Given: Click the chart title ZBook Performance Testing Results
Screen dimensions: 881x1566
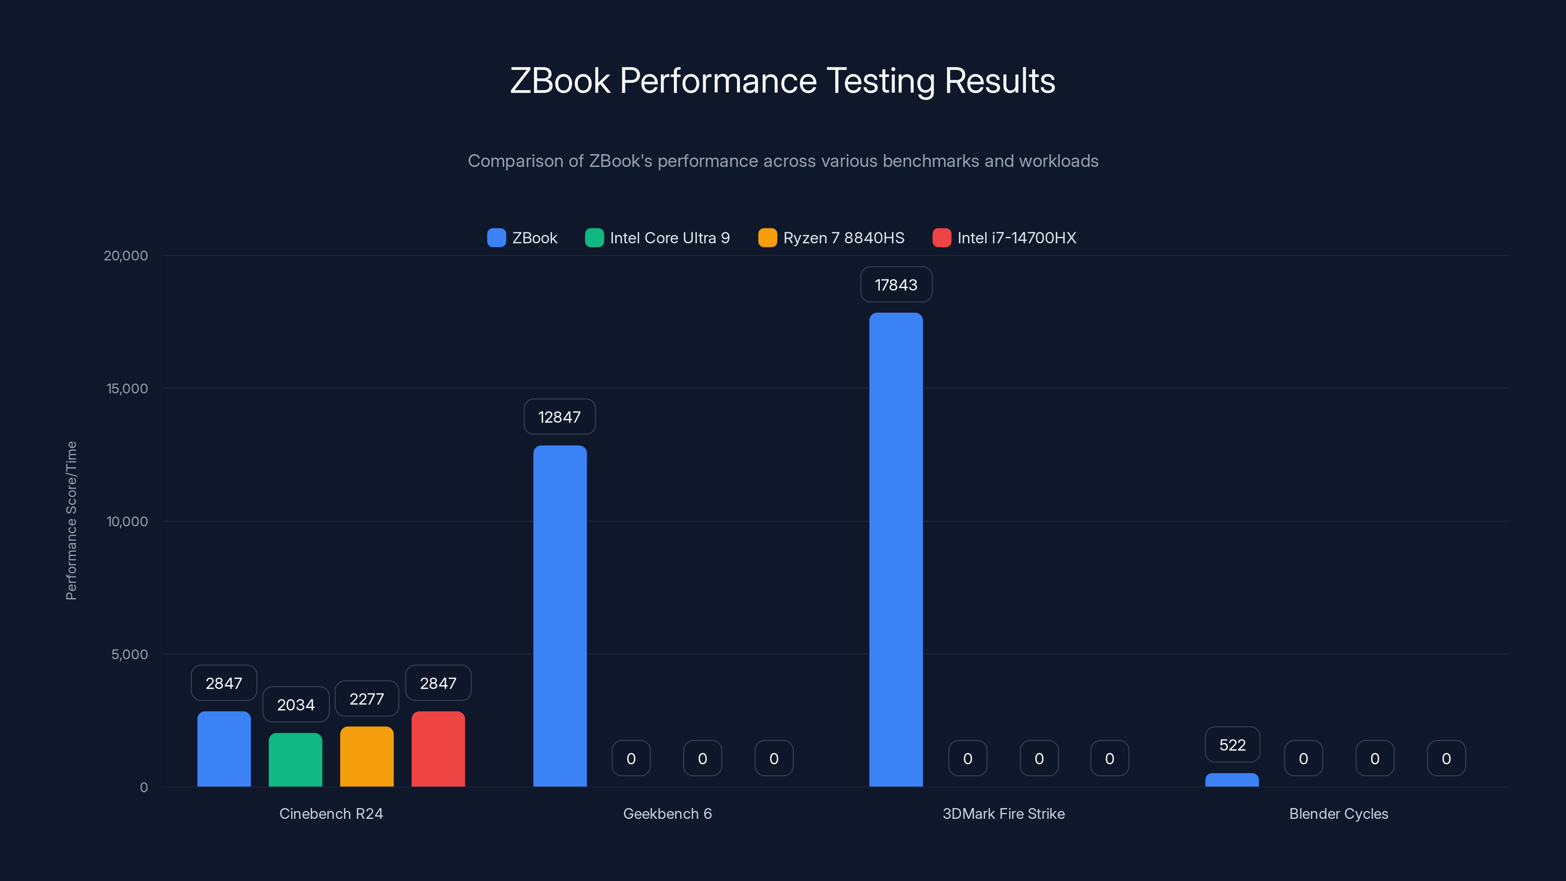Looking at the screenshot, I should (783, 81).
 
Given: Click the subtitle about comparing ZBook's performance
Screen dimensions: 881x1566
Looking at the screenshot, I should (783, 161).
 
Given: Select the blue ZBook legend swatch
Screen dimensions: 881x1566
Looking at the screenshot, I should (496, 238).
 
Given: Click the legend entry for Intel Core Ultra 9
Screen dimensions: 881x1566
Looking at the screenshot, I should (657, 238).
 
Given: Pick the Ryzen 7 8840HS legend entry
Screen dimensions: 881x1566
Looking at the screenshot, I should (831, 238).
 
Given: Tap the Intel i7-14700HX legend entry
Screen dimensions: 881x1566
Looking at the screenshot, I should (1004, 238).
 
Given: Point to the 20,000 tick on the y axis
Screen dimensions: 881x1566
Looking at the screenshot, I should (126, 256).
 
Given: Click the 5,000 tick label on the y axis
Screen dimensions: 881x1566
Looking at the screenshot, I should (130, 655).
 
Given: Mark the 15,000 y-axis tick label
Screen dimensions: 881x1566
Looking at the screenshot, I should (127, 389).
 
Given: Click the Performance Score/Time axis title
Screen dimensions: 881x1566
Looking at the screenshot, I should (71, 520).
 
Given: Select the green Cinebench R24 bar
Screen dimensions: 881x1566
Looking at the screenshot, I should (296, 760).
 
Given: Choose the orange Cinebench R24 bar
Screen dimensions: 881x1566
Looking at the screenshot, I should (367, 757).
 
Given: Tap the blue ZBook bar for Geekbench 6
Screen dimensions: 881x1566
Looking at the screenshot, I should (560, 616).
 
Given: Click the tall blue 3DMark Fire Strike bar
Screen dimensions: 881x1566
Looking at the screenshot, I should (896, 550).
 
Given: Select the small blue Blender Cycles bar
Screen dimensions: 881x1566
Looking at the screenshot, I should (1232, 780).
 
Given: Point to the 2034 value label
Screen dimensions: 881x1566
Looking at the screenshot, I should (296, 705).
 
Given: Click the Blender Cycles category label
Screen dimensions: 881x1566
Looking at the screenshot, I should (1338, 814).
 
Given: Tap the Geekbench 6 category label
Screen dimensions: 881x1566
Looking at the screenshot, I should (667, 814).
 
